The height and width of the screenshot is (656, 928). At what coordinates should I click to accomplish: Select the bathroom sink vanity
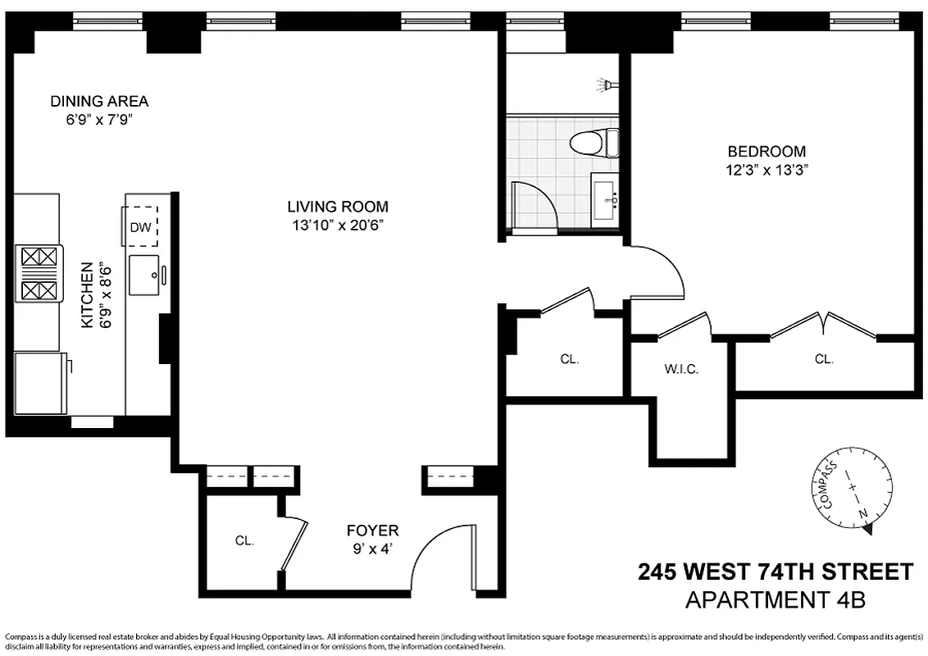tap(609, 199)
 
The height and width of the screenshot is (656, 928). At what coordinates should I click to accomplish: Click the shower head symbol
tap(606, 84)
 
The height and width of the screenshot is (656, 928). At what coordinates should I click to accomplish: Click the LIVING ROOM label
tap(338, 207)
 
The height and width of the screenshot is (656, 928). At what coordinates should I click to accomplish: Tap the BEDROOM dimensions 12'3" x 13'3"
tap(767, 170)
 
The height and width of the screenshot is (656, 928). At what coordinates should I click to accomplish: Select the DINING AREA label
tap(99, 102)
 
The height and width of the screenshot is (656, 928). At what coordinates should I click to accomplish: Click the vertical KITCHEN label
tap(85, 294)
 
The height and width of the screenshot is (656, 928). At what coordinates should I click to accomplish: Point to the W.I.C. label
tap(681, 369)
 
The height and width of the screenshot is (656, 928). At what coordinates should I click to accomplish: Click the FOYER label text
tap(372, 531)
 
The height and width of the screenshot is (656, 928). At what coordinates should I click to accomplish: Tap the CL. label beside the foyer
tap(244, 541)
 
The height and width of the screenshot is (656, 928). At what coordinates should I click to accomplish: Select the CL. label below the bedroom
tap(823, 359)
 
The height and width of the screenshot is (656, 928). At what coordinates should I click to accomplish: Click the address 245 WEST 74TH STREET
tap(775, 571)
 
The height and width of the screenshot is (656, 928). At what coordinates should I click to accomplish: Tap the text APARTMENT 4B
tap(775, 599)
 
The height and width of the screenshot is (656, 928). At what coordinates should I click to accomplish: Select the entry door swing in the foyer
tap(443, 557)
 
